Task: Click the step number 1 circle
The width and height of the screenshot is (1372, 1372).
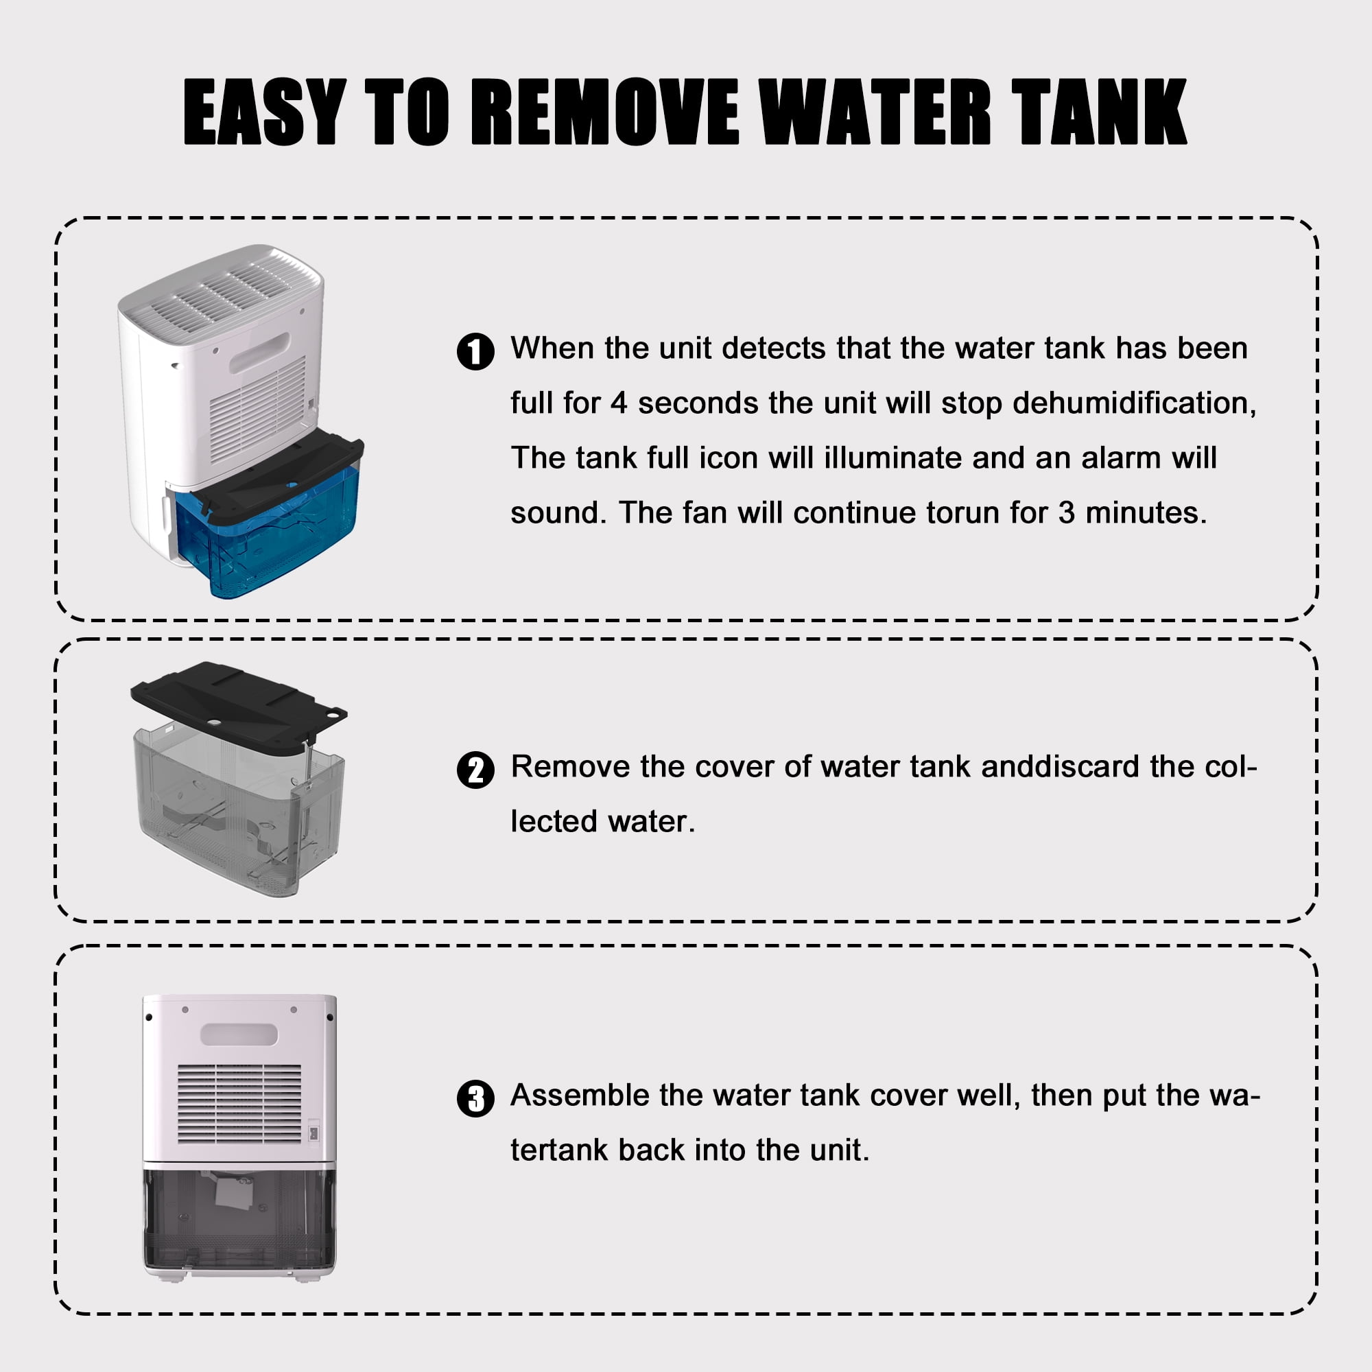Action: pos(475,351)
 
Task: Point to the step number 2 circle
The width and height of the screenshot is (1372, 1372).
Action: pos(475,770)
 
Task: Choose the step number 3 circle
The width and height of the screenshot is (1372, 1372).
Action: pos(475,1098)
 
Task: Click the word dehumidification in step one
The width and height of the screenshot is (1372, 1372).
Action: pos(1134,403)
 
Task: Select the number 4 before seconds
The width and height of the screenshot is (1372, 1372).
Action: pos(619,403)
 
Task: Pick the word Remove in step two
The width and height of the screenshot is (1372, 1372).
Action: pos(569,767)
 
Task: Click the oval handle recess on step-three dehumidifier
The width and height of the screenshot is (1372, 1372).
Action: pos(239,1034)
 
